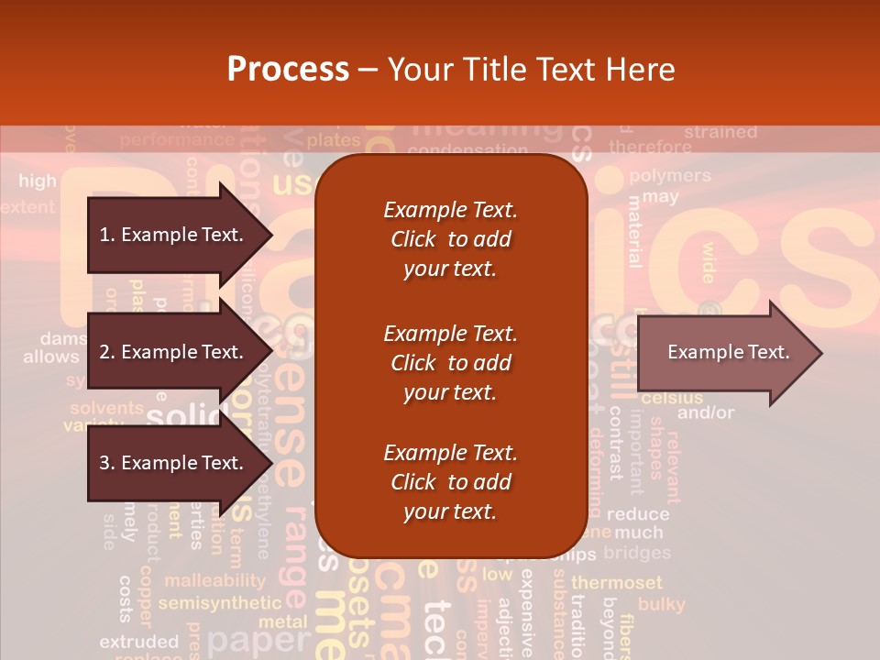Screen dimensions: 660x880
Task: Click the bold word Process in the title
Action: click(x=288, y=70)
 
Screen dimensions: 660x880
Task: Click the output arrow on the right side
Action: click(x=728, y=352)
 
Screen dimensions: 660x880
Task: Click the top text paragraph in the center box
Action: click(x=450, y=239)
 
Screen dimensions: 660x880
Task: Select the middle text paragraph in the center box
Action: click(x=450, y=363)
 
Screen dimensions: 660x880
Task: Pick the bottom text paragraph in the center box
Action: click(x=450, y=482)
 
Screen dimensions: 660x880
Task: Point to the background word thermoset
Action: click(x=616, y=583)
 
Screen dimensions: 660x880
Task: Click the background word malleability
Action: click(x=214, y=580)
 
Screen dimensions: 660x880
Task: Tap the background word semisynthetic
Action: click(x=219, y=603)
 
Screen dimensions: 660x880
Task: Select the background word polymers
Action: click(x=670, y=175)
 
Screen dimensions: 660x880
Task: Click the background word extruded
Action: click(x=138, y=642)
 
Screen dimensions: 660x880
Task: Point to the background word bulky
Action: click(x=661, y=604)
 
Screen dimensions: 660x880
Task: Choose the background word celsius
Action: click(x=672, y=398)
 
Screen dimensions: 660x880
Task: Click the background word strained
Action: click(x=720, y=132)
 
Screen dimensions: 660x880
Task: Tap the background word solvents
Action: click(x=106, y=408)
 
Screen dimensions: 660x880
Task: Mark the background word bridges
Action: click(x=636, y=553)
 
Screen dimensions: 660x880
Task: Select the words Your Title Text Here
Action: click(x=532, y=70)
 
